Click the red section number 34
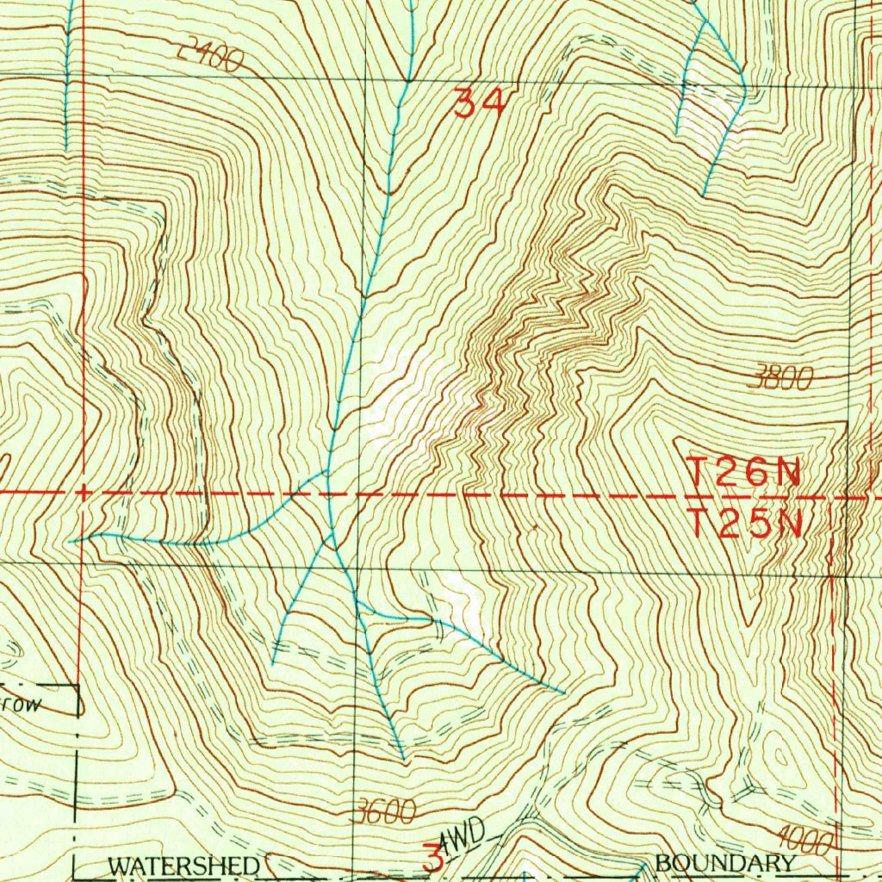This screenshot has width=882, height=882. [x=478, y=105]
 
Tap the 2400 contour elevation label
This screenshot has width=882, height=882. [x=208, y=57]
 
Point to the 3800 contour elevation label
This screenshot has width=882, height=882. [x=781, y=377]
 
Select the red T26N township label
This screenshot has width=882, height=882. [x=745, y=472]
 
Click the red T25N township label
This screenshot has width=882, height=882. [x=745, y=523]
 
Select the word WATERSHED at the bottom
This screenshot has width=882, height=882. [x=183, y=864]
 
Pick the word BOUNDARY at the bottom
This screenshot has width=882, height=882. [x=724, y=863]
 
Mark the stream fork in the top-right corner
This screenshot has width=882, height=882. [x=705, y=23]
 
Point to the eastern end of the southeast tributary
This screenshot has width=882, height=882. [x=564, y=692]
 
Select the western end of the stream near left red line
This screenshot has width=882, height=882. [x=72, y=541]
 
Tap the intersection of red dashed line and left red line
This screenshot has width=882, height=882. [x=82, y=493]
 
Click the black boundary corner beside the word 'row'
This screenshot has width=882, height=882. [x=78, y=686]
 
